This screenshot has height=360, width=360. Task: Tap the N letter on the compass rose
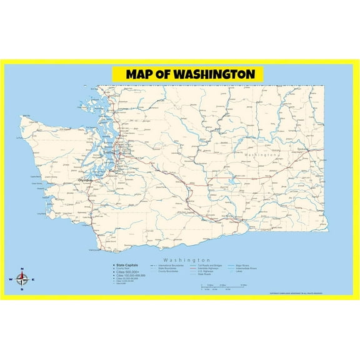click(22, 269)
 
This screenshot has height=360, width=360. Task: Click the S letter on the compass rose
click(22, 289)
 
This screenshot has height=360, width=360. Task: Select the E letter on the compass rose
click(34, 279)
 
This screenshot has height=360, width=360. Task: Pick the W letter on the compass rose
click(11, 279)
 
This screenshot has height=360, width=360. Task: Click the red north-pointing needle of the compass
click(22, 274)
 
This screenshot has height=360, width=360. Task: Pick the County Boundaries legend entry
click(167, 271)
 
